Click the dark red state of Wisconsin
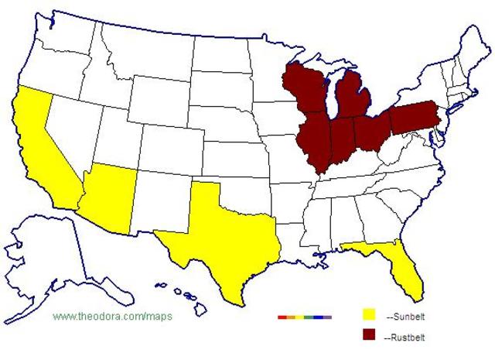(x=302, y=93)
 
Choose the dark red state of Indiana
(x=340, y=139)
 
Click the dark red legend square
(x=369, y=334)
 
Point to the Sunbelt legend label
(x=405, y=317)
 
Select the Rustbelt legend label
(x=406, y=337)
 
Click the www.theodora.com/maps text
(x=112, y=317)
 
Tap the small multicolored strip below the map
(x=304, y=317)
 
